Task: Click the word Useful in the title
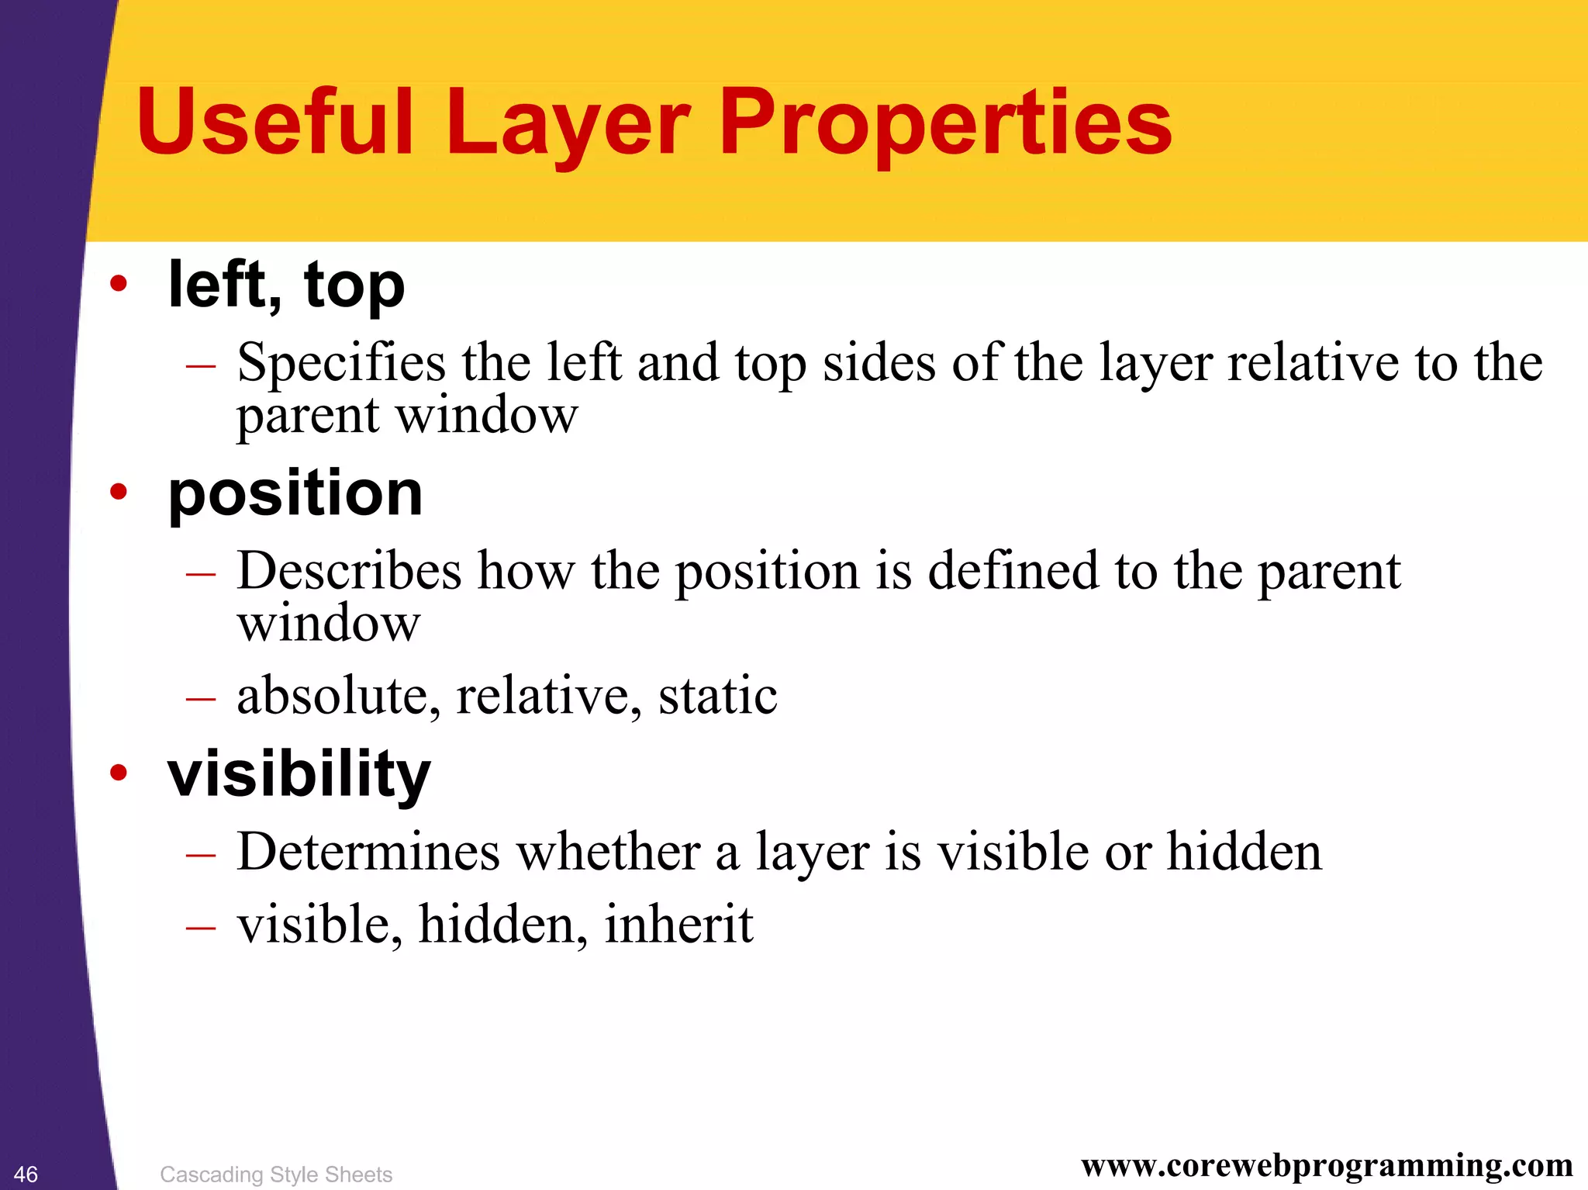tap(275, 123)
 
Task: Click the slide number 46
tap(26, 1174)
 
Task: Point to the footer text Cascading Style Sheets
tap(276, 1174)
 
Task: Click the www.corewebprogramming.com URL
tap(1327, 1165)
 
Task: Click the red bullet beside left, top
tap(118, 284)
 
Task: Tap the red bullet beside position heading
tap(118, 491)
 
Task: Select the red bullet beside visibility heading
tap(118, 772)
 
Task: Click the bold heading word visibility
tap(299, 774)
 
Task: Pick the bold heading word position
tap(295, 495)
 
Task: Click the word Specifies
tap(341, 363)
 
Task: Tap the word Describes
tap(349, 571)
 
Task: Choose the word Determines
tap(368, 852)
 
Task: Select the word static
tap(717, 695)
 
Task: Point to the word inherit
tap(678, 924)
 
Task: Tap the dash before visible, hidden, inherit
tap(200, 927)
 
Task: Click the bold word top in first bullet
tap(354, 285)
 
